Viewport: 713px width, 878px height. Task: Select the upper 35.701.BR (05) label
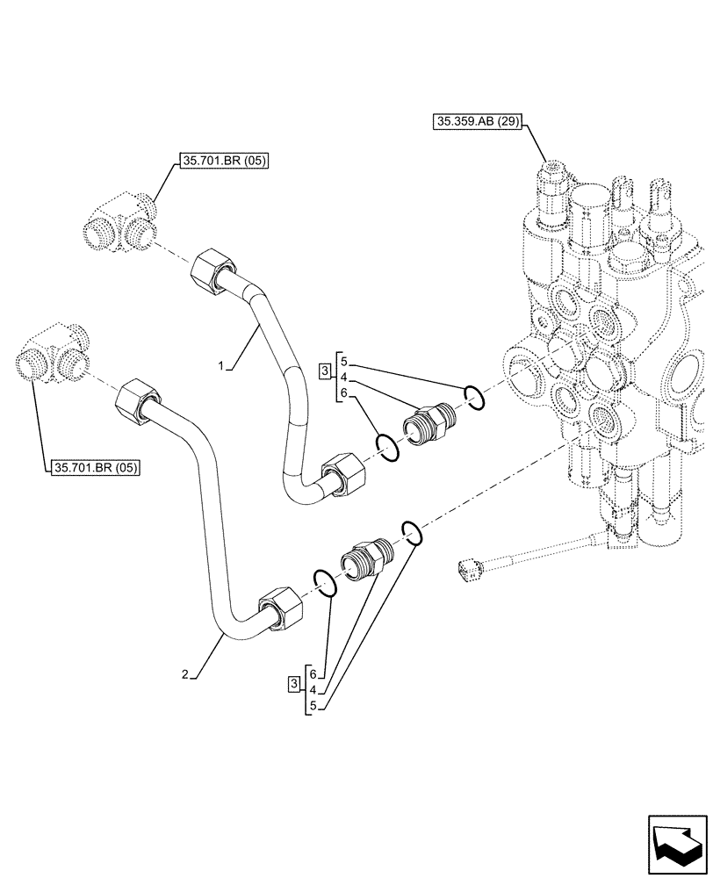coord(223,161)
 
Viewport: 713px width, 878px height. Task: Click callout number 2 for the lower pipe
coord(184,673)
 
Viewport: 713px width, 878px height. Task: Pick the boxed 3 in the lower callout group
coord(292,684)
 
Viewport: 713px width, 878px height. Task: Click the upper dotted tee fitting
coord(120,223)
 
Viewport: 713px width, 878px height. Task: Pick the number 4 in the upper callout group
coord(344,378)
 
